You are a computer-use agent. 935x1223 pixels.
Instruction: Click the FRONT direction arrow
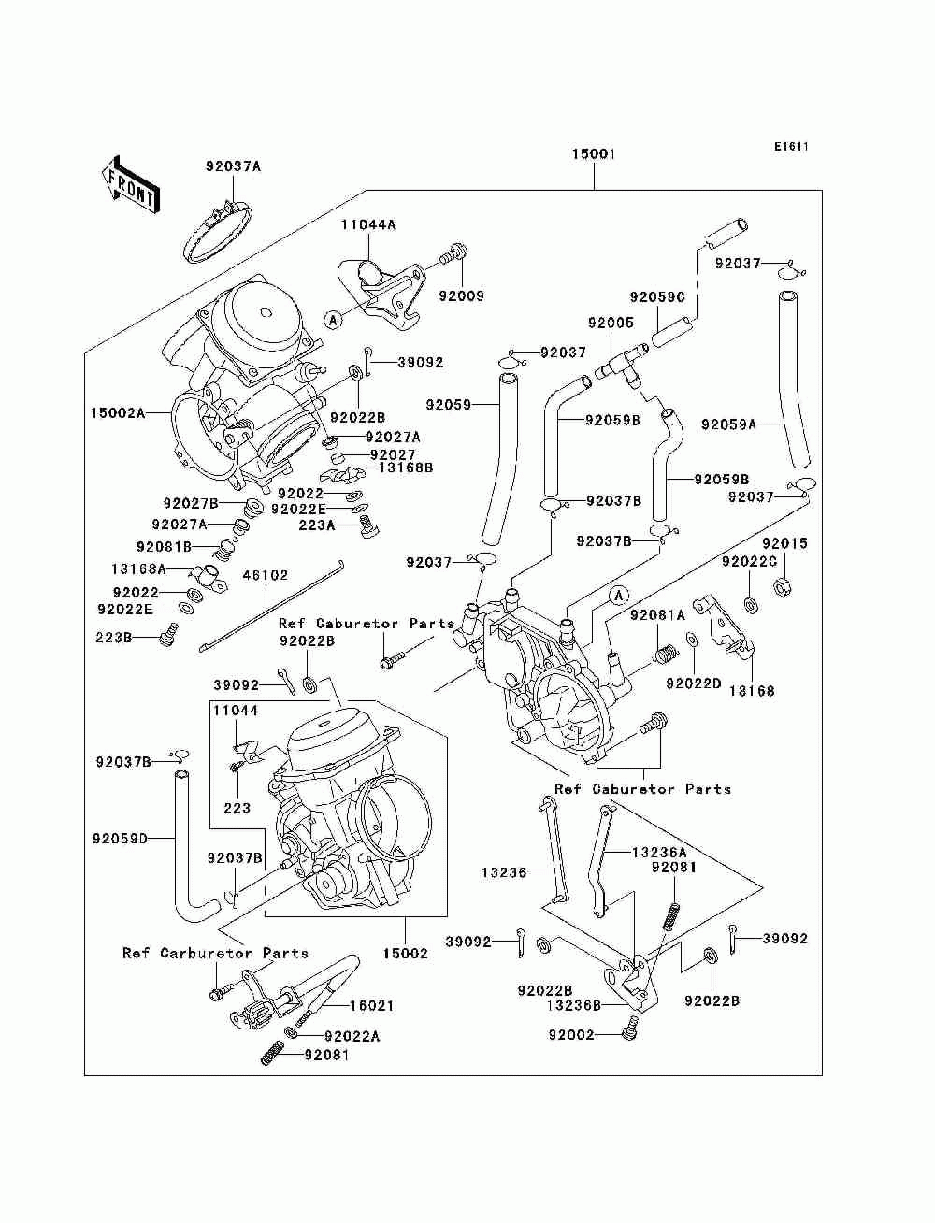(131, 184)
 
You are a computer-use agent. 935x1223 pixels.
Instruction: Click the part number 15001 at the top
(594, 153)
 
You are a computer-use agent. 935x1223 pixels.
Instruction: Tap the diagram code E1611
(791, 147)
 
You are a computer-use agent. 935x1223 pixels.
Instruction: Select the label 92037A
(233, 166)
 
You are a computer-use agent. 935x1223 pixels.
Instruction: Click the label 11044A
(368, 224)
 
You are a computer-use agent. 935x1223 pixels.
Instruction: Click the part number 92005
(611, 322)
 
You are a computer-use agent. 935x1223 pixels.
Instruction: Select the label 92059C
(657, 297)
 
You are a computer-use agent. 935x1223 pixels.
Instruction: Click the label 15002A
(118, 413)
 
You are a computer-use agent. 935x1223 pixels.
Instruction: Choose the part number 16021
(371, 1005)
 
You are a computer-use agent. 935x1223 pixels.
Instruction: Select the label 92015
(784, 542)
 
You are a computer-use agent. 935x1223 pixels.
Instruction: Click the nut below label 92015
(783, 586)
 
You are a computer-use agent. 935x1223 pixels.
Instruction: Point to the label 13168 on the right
(752, 691)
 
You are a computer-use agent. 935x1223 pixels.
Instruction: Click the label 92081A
(658, 615)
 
